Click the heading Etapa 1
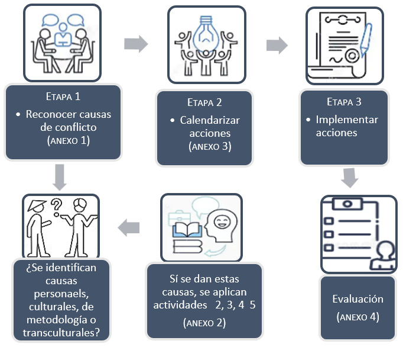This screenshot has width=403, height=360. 63,96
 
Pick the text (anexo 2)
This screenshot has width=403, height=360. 205,323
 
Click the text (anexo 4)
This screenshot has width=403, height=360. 357,317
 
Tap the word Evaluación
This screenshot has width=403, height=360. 357,299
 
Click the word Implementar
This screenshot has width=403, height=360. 347,120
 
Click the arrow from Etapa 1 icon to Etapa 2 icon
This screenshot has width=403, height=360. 135,43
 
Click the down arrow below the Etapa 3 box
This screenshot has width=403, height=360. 350,178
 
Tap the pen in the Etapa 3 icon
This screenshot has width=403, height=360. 365,38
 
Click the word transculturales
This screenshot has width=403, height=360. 61,333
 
